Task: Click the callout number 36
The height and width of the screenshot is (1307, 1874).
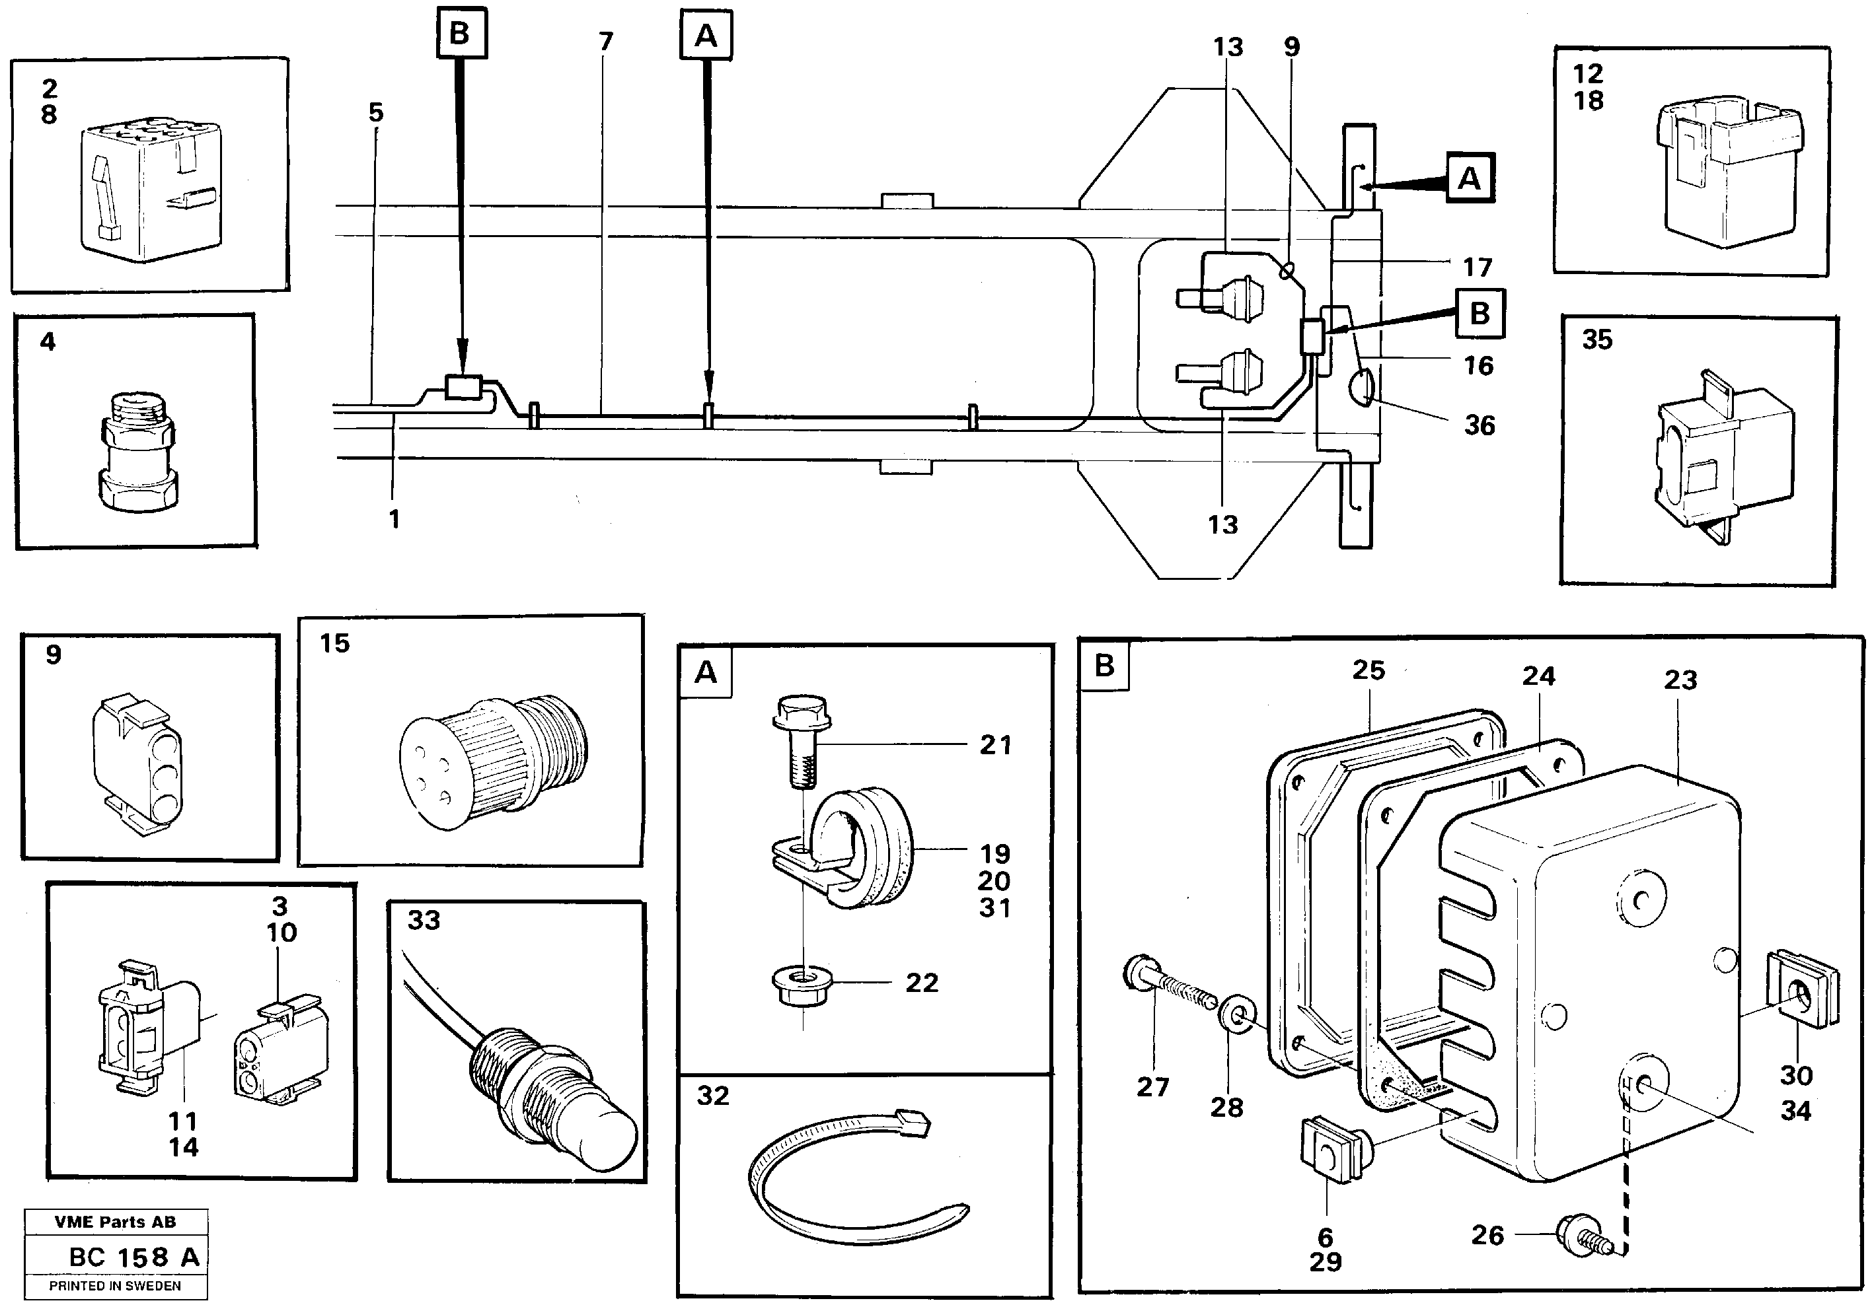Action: pos(1479,425)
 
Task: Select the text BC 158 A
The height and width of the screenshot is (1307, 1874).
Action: pos(135,1257)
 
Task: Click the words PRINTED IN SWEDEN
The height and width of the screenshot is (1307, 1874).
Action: pos(115,1286)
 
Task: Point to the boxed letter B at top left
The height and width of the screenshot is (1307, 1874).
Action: pos(461,32)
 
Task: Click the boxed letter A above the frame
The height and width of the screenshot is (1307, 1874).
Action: pos(706,35)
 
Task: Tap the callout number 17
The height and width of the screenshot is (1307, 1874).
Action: pos(1478,267)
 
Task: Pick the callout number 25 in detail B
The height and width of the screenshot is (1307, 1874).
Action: pos(1368,670)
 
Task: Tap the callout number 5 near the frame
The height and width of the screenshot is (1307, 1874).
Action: pos(375,112)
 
